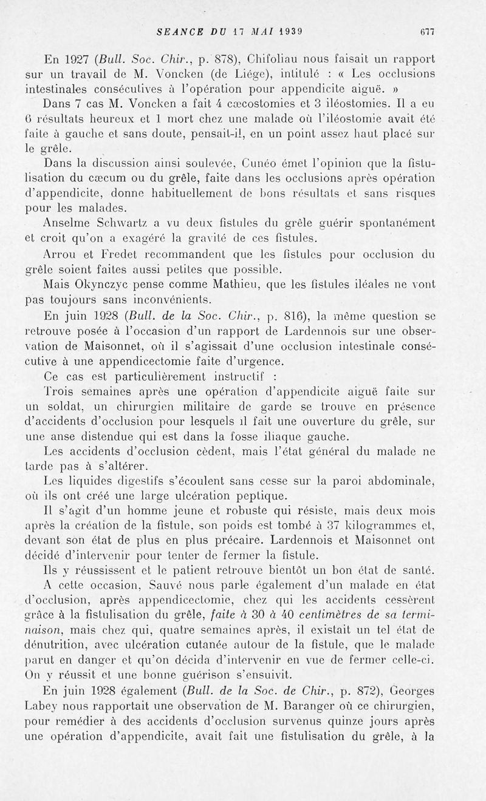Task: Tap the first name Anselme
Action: pyautogui.click(x=69, y=223)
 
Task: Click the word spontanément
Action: pyautogui.click(x=403, y=223)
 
